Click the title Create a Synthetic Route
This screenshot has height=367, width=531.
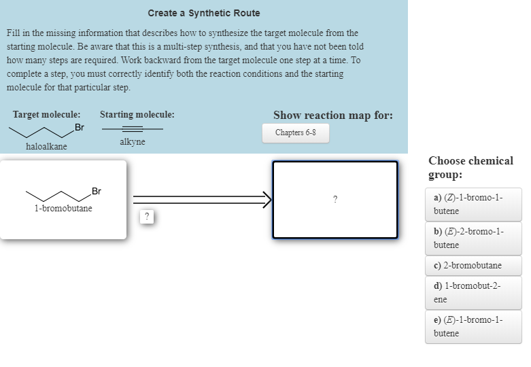click(x=203, y=13)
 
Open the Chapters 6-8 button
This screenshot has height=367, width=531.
click(x=295, y=133)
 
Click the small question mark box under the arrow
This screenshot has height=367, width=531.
click(x=146, y=217)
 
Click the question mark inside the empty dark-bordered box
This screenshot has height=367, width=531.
click(x=335, y=199)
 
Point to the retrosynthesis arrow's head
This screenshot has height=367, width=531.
click(x=267, y=199)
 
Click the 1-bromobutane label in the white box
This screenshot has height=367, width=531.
click(x=63, y=208)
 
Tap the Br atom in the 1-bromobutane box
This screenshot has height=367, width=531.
click(x=96, y=191)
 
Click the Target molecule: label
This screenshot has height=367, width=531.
click(x=46, y=115)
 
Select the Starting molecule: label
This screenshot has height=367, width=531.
click(x=137, y=115)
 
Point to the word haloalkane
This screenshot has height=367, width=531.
click(x=46, y=146)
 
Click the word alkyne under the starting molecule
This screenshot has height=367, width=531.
click(x=132, y=141)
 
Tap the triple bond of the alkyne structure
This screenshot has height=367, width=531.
click(x=132, y=128)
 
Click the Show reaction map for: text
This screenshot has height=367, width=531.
click(x=332, y=115)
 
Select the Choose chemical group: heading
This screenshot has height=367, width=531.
click(x=470, y=167)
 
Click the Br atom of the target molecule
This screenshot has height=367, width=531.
click(x=80, y=128)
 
